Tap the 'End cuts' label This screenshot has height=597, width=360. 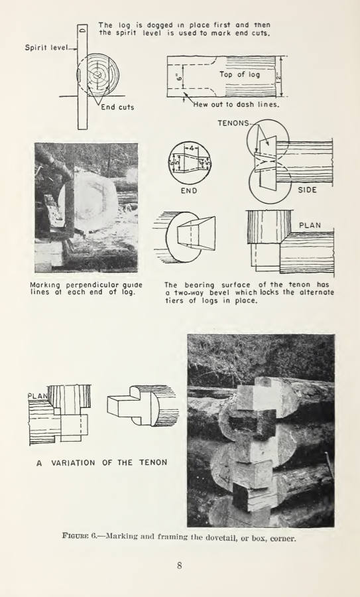(117, 107)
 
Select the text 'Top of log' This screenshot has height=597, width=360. (239, 74)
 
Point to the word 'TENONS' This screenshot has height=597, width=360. (233, 123)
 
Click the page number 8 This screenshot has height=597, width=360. (179, 565)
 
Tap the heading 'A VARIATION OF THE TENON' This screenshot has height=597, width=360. (101, 462)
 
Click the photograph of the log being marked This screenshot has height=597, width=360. (86, 207)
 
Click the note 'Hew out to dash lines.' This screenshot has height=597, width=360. (236, 104)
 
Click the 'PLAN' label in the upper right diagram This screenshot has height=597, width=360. (310, 225)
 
